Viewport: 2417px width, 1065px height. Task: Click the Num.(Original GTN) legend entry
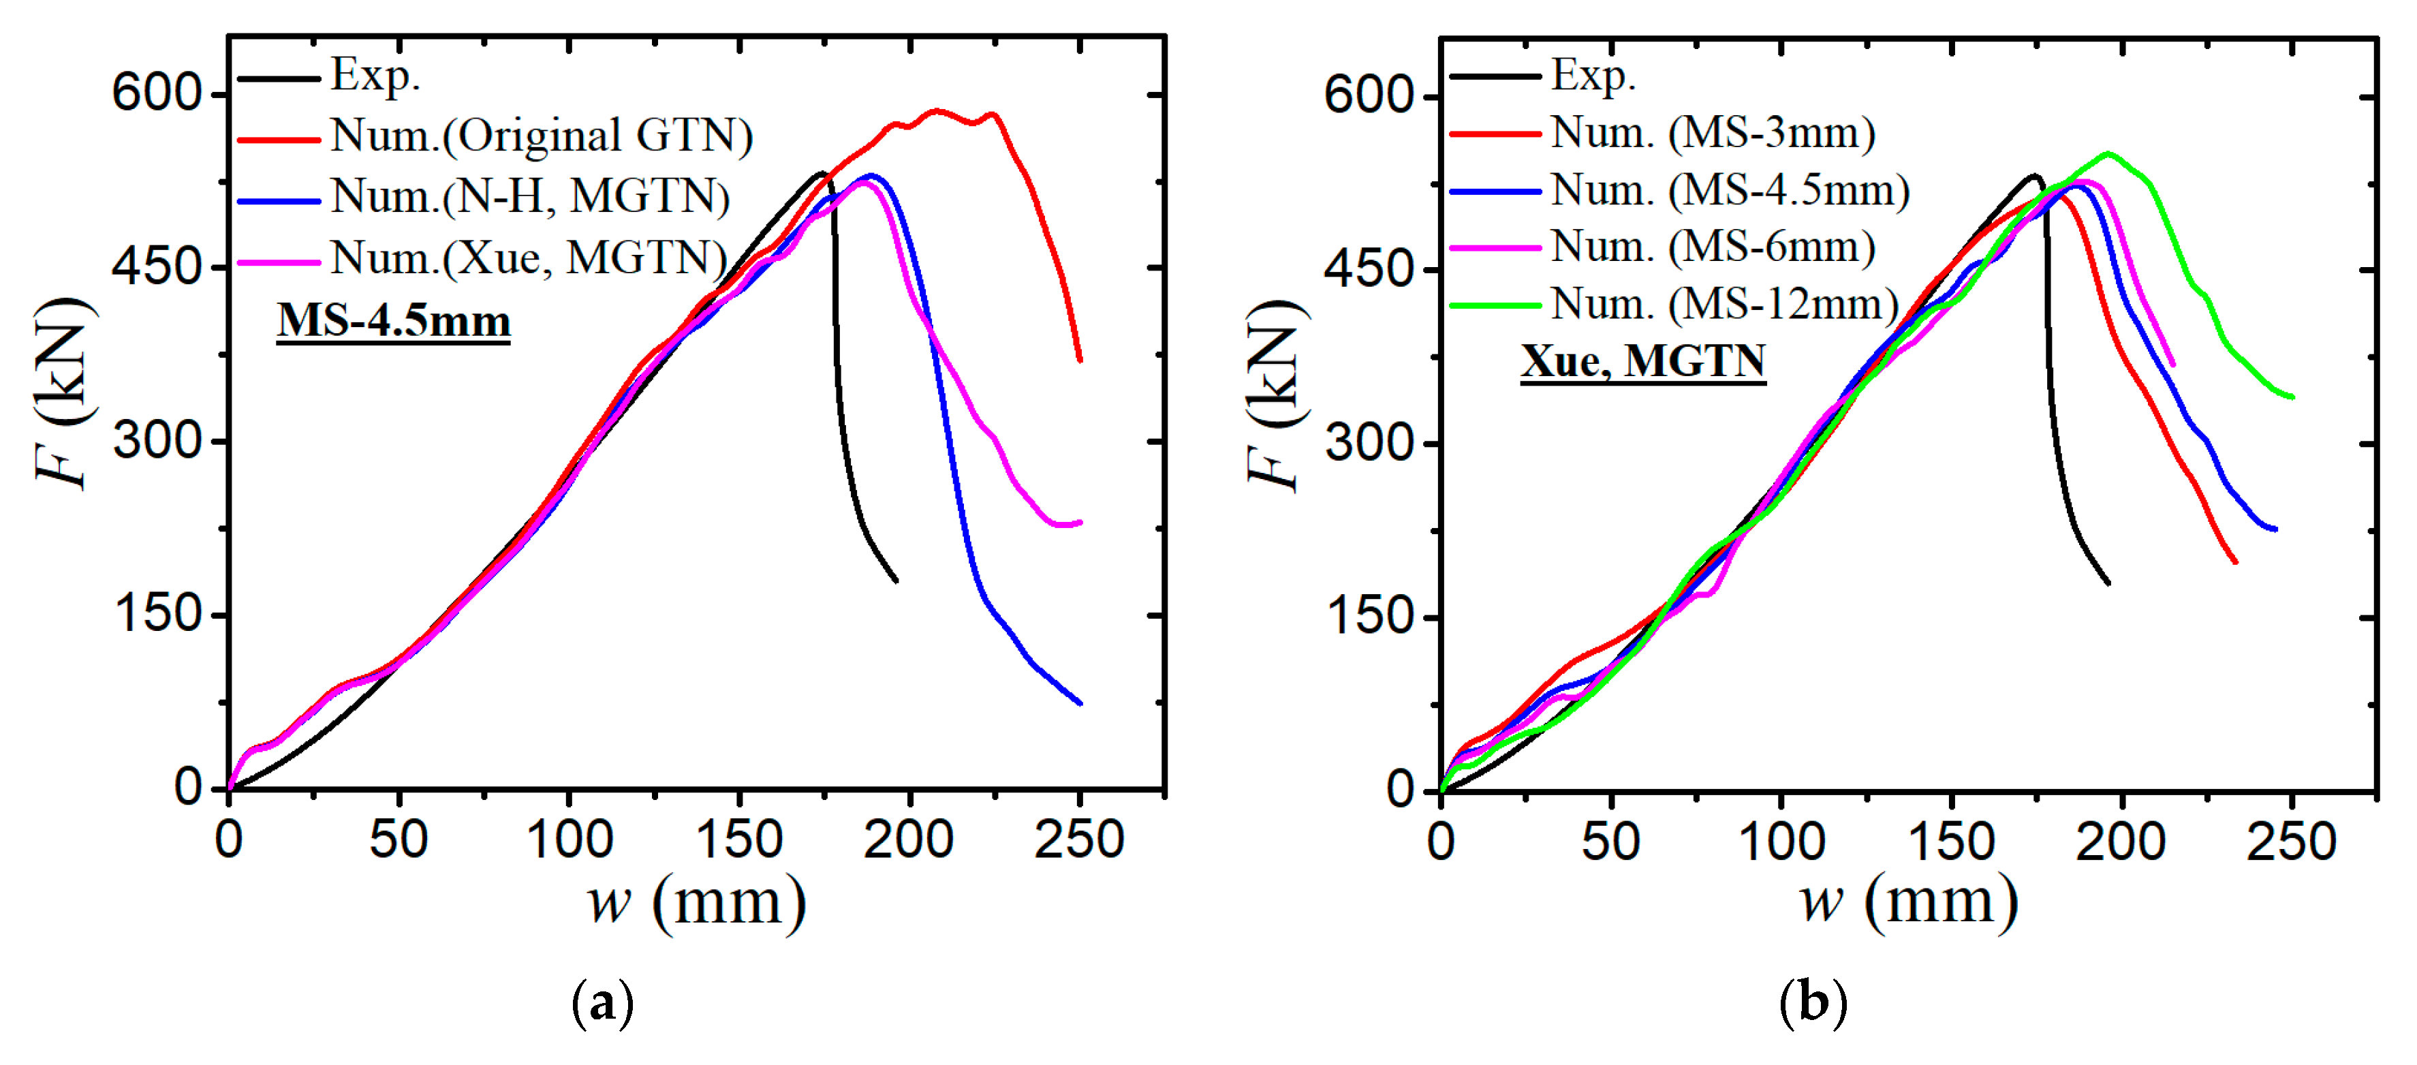542,136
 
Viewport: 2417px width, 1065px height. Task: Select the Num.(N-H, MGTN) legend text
530,197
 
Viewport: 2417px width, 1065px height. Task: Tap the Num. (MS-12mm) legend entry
1725,304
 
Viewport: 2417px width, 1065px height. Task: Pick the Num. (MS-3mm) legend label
1713,134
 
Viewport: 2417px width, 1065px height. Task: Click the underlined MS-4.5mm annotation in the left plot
393,321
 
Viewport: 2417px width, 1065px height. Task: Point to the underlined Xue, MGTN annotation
1643,361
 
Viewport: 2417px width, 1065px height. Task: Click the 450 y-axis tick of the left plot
157,267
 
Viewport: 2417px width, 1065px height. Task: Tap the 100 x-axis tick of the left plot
569,839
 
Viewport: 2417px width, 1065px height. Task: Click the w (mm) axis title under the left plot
696,903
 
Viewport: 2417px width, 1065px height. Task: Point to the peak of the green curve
2108,153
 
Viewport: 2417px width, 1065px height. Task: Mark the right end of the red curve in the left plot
1080,359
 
